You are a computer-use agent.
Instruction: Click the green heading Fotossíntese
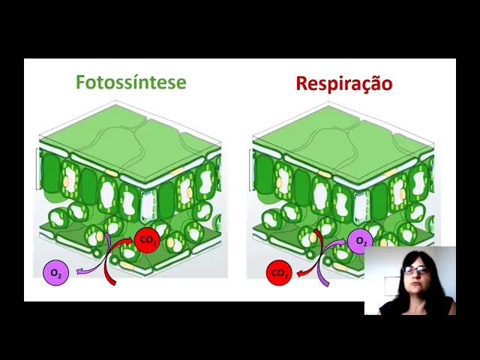(130, 82)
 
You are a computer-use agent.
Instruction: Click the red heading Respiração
(343, 83)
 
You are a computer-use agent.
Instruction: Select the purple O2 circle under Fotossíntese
(55, 273)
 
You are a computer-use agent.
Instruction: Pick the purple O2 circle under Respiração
(361, 241)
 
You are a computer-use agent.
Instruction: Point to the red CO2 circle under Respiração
(279, 273)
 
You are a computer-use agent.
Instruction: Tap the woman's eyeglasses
(416, 269)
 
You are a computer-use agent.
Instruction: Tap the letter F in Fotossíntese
(81, 82)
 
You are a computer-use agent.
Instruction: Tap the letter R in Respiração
(301, 83)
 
